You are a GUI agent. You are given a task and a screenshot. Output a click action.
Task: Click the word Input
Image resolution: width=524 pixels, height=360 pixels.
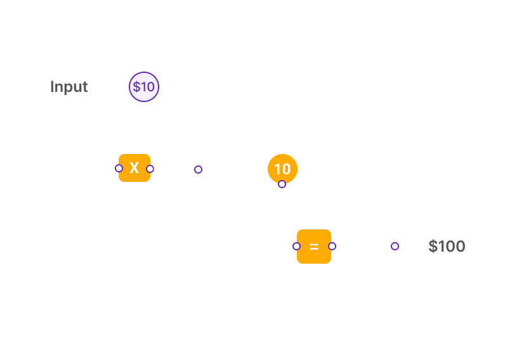(69, 87)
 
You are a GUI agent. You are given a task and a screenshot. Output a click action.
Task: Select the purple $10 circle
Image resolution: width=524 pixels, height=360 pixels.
(144, 87)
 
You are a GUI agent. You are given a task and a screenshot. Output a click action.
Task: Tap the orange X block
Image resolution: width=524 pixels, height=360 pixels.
(134, 168)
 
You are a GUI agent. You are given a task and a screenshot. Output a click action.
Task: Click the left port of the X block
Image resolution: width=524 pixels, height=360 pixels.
(119, 169)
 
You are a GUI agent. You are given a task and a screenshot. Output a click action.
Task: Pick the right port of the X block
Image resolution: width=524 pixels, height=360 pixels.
(150, 169)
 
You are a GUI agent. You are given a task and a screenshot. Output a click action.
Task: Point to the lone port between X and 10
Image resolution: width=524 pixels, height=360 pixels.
(198, 170)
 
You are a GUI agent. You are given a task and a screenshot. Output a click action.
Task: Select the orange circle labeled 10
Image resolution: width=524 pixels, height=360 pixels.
(283, 169)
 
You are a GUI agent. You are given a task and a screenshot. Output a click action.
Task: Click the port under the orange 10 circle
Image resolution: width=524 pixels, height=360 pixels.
(282, 184)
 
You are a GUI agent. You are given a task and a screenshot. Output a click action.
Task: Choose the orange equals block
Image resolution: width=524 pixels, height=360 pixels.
(314, 247)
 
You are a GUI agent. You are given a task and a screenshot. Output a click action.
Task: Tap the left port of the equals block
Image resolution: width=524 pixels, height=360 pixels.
(296, 247)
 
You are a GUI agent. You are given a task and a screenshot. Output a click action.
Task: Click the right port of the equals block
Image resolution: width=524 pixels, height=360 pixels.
(332, 247)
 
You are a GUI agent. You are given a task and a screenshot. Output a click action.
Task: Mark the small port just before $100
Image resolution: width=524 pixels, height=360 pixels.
(395, 247)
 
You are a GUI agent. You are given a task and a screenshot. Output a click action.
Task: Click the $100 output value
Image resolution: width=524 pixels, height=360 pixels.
(447, 247)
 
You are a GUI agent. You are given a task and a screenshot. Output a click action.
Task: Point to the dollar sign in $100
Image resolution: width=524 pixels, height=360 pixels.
(433, 247)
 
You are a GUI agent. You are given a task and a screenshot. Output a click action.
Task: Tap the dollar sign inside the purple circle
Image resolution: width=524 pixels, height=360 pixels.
(136, 87)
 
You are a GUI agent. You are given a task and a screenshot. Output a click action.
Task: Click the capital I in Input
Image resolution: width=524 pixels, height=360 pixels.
(52, 87)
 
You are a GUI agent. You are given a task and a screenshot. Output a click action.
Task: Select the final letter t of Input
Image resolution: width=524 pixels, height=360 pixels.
(85, 87)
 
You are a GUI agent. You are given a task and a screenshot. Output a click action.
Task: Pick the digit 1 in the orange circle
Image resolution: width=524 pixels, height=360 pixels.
(277, 169)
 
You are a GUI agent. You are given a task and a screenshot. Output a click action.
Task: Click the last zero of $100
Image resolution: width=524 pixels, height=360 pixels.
(459, 247)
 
